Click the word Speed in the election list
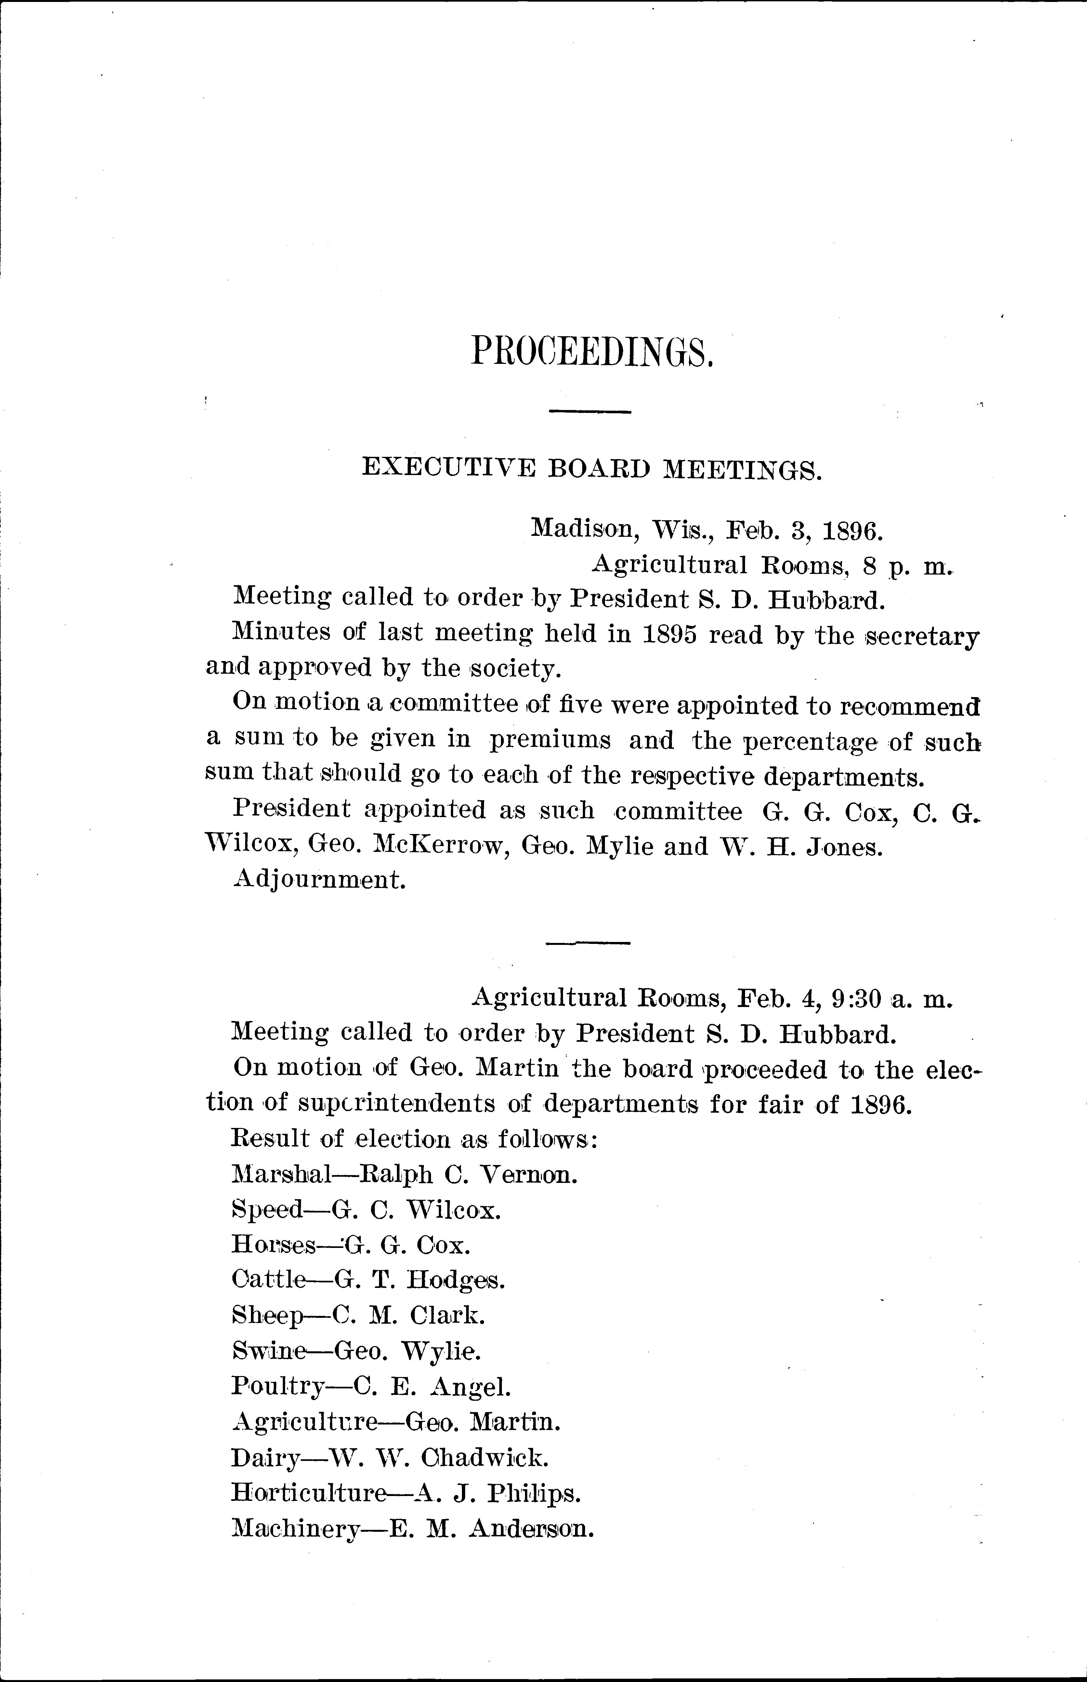[267, 1210]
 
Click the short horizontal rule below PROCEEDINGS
[589, 412]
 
